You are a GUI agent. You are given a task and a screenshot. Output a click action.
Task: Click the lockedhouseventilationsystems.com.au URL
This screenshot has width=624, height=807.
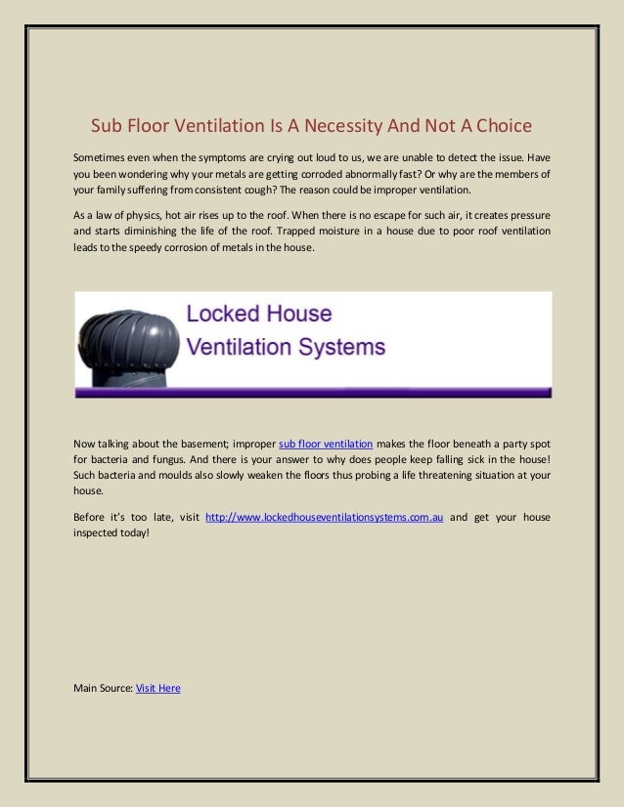coord(324,517)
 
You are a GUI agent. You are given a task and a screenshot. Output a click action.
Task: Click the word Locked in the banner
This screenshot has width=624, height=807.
coord(225,316)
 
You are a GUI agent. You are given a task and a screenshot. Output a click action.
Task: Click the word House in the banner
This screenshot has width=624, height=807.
coord(300,316)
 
